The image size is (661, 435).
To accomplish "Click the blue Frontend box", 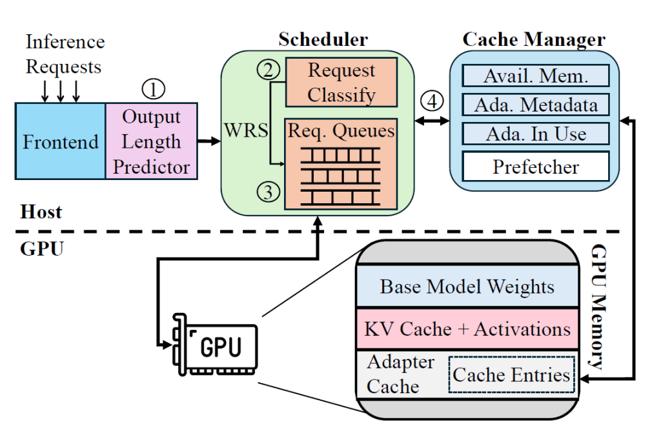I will coord(61,141).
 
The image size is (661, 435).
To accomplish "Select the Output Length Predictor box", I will coord(152,141).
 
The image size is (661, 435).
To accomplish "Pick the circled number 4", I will coord(431,101).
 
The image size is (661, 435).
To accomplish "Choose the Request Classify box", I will coord(341,82).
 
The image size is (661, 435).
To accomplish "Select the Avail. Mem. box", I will coord(536,76).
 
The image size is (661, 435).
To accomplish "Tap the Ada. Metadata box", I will coord(536,105).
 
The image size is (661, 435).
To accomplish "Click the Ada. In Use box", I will coord(536,134).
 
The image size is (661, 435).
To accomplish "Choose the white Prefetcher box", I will coord(536,167).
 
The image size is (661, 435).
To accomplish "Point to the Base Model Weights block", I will coord(467,286).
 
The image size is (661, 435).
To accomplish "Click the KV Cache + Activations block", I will coord(467,329).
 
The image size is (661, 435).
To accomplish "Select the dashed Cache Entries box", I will coord(511,374).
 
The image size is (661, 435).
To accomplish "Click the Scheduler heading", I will coord(323,39).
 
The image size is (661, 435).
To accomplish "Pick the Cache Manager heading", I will coord(534,39).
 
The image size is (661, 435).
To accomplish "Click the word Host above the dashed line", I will coord(41,212).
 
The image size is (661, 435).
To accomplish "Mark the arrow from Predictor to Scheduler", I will coord(208,140).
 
